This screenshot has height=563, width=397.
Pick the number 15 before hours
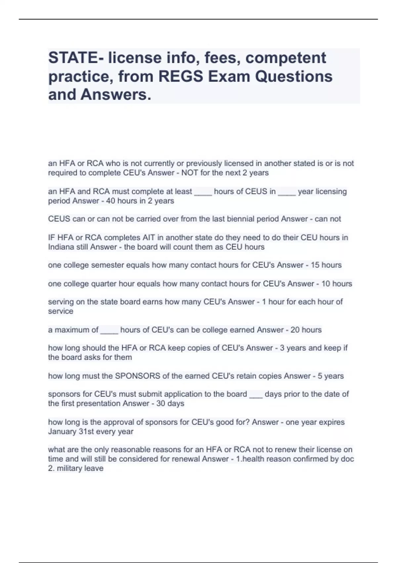(x=315, y=265)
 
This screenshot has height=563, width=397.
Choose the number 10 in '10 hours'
(x=326, y=284)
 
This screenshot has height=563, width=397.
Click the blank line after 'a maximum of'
(x=109, y=331)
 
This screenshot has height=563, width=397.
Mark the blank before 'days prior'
(x=256, y=395)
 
